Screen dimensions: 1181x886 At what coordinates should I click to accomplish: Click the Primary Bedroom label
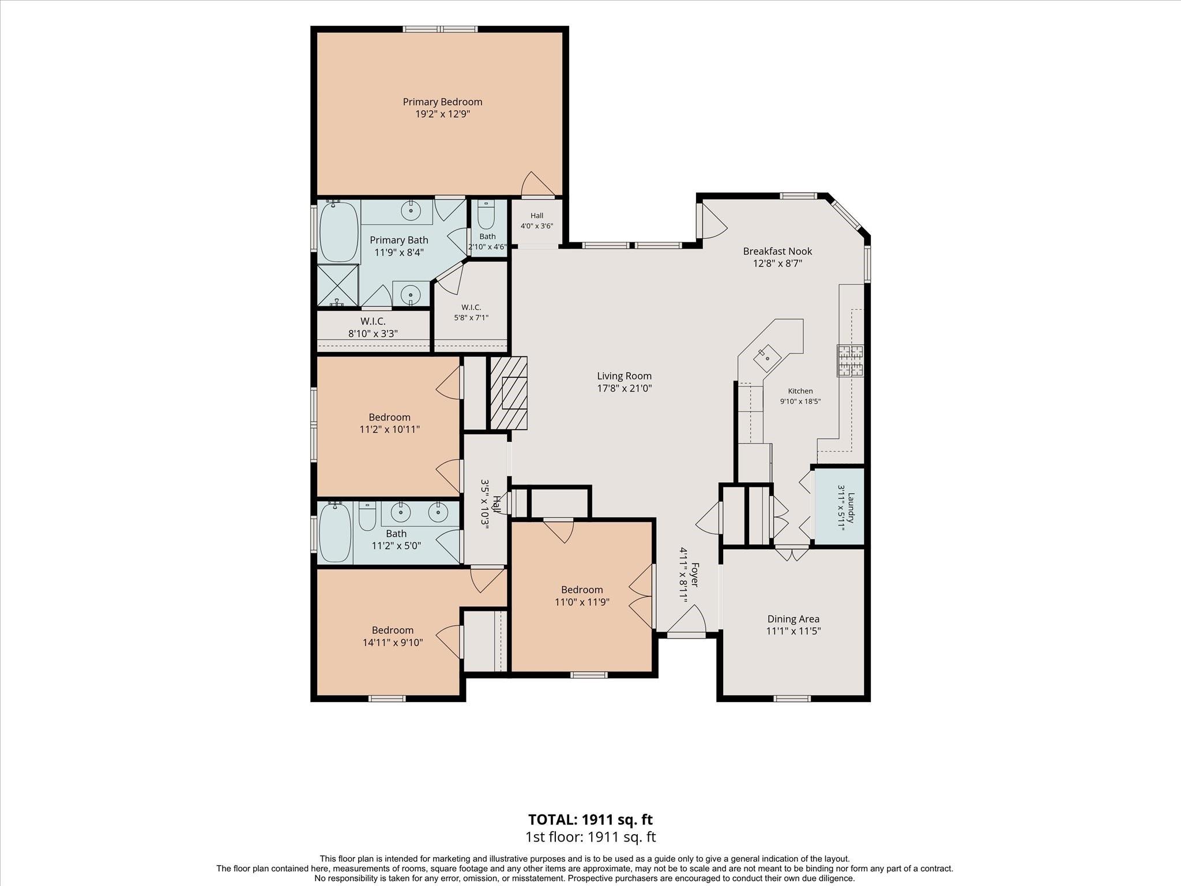(442, 102)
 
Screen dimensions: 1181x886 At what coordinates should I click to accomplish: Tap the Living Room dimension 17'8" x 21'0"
(625, 389)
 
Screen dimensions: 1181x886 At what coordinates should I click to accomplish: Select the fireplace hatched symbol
(508, 393)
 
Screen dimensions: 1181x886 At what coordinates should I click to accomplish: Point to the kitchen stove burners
(851, 361)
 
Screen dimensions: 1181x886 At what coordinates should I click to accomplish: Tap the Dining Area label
(793, 619)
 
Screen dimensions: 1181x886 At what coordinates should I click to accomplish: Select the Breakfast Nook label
(777, 251)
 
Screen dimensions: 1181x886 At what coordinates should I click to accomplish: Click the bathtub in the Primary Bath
(338, 232)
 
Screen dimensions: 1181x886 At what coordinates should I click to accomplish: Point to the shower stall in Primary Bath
(337, 286)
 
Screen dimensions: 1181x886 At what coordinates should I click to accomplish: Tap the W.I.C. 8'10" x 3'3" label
(373, 328)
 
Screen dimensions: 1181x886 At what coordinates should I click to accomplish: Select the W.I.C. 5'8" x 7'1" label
(471, 313)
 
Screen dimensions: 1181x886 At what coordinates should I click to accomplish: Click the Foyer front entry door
(686, 635)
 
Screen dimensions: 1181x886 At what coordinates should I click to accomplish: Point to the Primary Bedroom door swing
(538, 184)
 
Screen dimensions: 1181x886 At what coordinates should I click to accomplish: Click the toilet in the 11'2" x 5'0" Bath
(367, 516)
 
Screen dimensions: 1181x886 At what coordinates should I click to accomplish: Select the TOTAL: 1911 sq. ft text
(590, 819)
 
